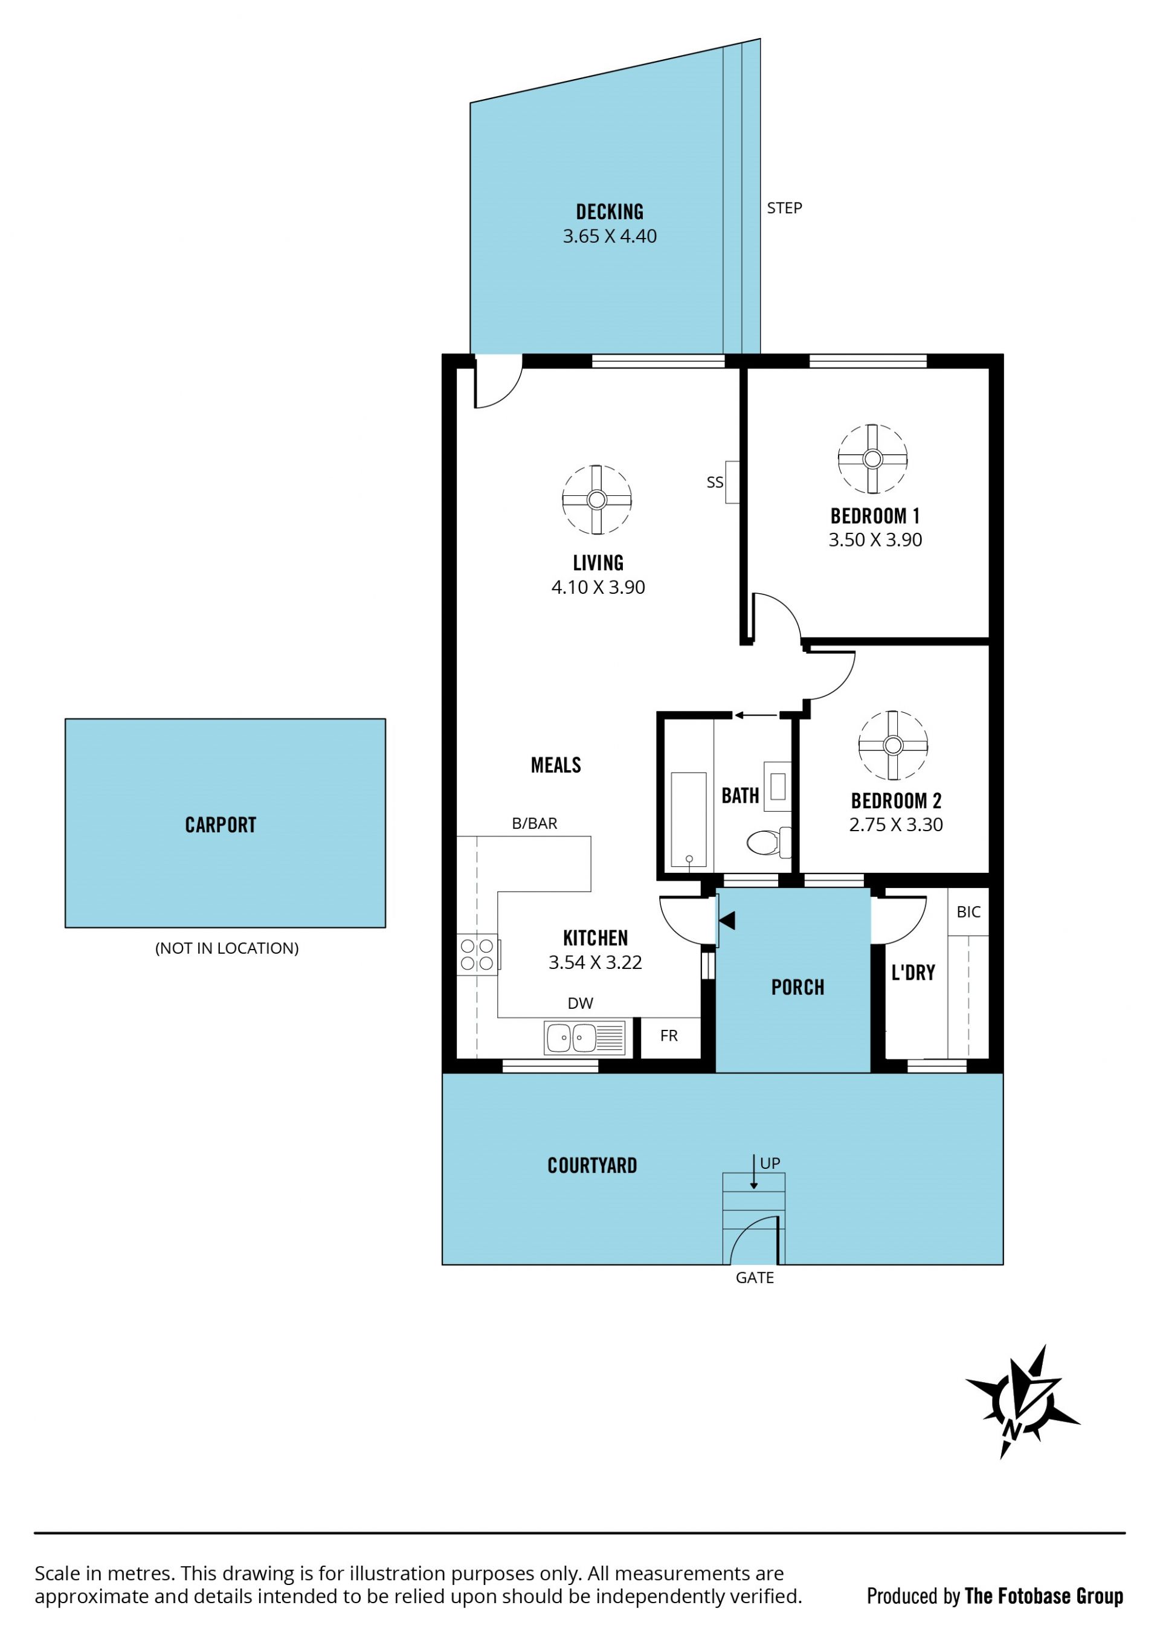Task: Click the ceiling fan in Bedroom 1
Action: click(872, 458)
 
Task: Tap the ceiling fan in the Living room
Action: click(597, 500)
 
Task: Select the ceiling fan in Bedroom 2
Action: click(893, 745)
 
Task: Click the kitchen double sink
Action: click(585, 1038)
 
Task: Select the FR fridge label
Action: click(668, 1035)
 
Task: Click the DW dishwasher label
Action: click(581, 1003)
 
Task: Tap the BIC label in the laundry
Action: click(968, 912)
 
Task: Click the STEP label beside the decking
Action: click(784, 208)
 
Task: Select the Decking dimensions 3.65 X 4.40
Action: click(610, 236)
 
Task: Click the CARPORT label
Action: click(221, 825)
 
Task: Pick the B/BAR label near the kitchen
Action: click(535, 824)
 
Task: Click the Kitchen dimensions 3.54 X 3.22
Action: click(595, 962)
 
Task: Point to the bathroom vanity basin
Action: click(777, 786)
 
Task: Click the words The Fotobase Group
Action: click(1044, 1596)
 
